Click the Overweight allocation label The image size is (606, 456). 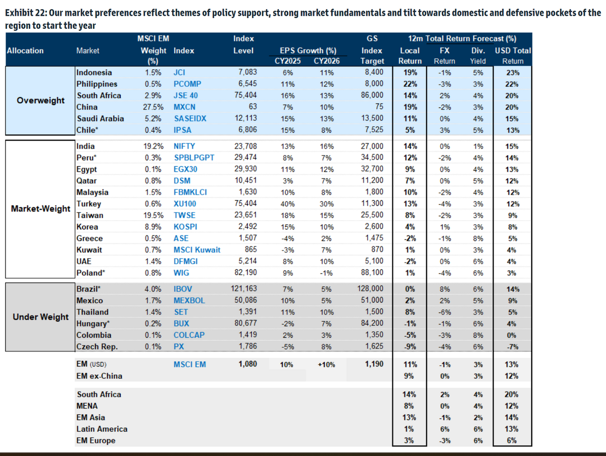click(x=40, y=100)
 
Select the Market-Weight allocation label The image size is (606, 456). click(x=40, y=209)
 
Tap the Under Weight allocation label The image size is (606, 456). click(x=40, y=317)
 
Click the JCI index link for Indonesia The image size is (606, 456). click(x=179, y=73)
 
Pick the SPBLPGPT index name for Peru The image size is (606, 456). click(x=194, y=158)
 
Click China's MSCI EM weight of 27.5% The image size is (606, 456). click(x=153, y=107)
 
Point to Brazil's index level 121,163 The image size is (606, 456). click(x=244, y=289)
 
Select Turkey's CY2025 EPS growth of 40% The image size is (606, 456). click(x=288, y=204)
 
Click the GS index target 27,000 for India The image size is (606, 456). click(x=372, y=146)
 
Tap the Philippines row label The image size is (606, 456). click(x=96, y=84)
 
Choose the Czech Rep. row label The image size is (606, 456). click(x=97, y=347)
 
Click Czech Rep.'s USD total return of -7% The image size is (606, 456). click(x=513, y=347)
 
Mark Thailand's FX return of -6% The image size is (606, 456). click(x=444, y=313)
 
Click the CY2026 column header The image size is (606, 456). click(x=327, y=61)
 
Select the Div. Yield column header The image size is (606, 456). click(x=478, y=56)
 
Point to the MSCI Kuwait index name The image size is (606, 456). click(x=197, y=250)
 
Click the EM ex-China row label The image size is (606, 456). click(x=99, y=376)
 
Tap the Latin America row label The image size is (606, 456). click(x=102, y=429)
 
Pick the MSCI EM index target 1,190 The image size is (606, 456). click(x=374, y=365)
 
